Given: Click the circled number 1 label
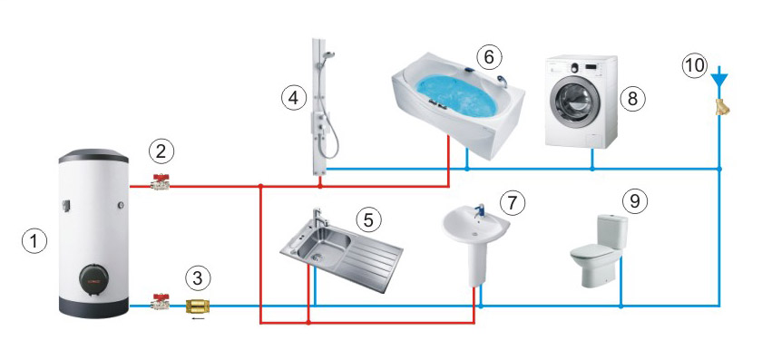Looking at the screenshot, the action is click(x=34, y=241).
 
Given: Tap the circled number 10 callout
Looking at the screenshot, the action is click(x=695, y=65).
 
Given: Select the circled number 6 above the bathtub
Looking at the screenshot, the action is click(x=489, y=57).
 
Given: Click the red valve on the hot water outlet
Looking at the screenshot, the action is click(x=160, y=181).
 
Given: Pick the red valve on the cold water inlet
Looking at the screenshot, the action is click(x=160, y=302).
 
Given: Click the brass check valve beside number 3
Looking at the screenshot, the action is click(x=198, y=306).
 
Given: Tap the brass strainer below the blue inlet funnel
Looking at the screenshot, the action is click(x=722, y=107).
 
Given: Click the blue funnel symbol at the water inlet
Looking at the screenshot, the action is click(x=719, y=80).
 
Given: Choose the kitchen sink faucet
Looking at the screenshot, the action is click(x=318, y=218).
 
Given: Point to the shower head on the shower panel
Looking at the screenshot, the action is click(x=329, y=54).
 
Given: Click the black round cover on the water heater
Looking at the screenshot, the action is click(x=97, y=282).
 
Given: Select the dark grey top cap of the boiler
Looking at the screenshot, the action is click(x=93, y=156).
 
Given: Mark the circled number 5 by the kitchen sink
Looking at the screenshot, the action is click(x=369, y=220).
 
